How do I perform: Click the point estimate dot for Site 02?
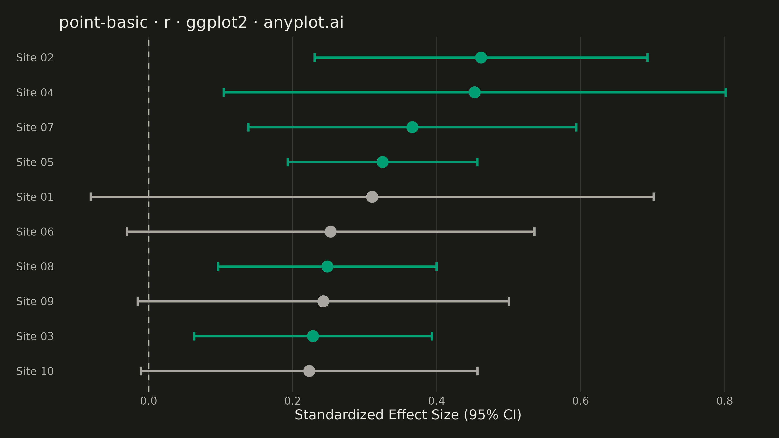point(481,57)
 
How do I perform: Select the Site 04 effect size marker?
point(474,92)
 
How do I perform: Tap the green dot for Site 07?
point(412,127)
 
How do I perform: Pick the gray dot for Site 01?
point(372,197)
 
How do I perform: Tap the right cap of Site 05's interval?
point(477,162)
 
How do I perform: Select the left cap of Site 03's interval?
point(194,336)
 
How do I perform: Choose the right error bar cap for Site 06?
point(534,232)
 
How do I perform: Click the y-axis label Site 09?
point(35,301)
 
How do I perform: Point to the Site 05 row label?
point(35,162)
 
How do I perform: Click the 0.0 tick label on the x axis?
point(148,401)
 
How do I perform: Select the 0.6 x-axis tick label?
point(581,401)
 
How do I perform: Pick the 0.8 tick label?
point(724,401)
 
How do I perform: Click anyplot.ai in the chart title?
point(304,23)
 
